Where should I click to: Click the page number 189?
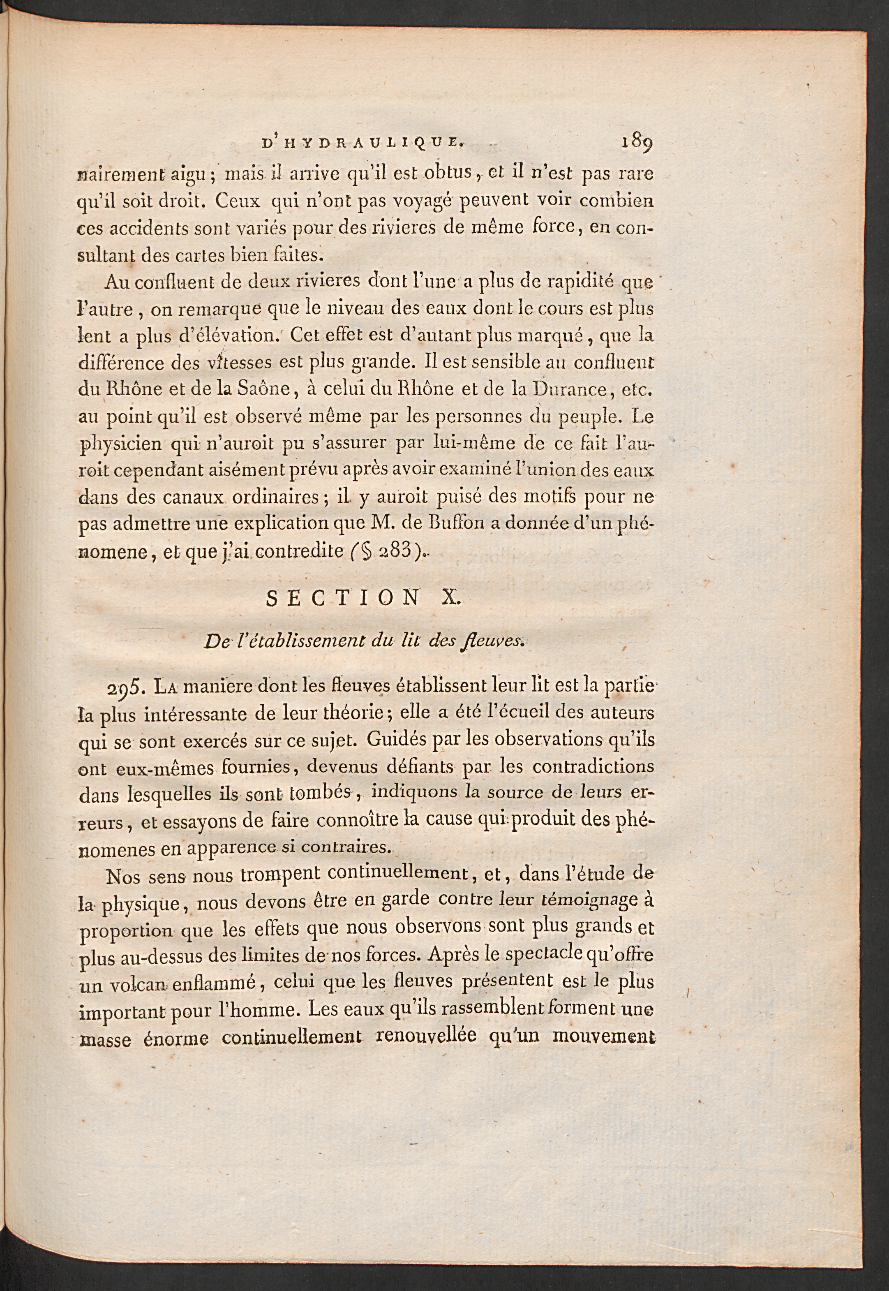637,145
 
